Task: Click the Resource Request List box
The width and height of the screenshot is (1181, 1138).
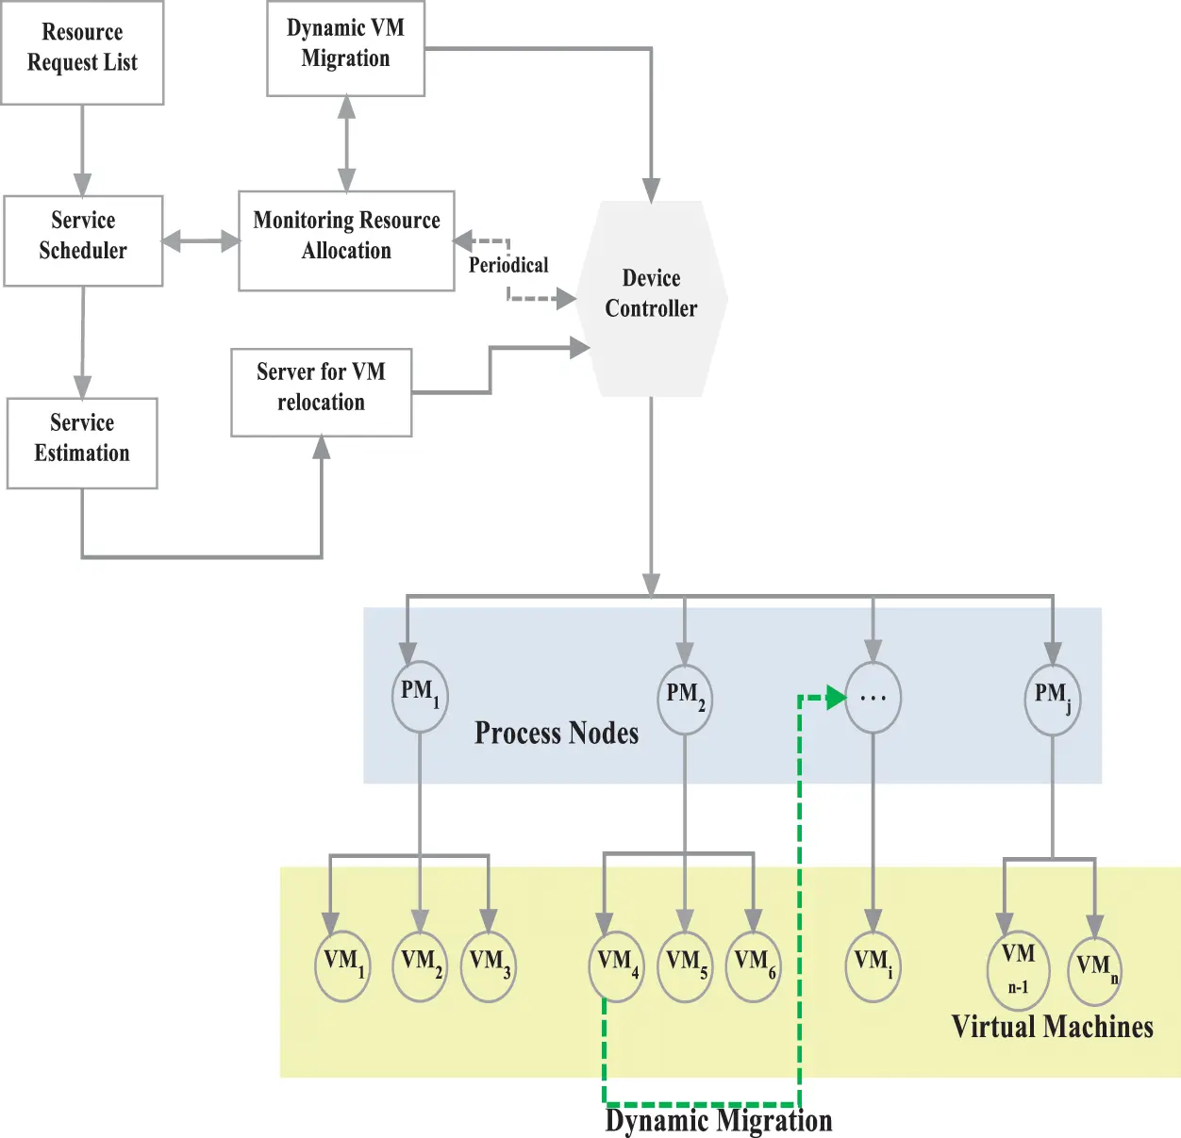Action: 82,52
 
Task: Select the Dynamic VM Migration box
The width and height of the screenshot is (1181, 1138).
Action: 345,47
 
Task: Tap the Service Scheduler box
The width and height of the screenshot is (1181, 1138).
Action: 83,240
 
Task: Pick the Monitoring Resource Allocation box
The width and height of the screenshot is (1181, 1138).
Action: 346,240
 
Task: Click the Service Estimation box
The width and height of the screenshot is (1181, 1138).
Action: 82,442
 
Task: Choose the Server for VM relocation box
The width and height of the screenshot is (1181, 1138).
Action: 321,392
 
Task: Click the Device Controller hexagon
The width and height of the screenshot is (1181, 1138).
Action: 651,298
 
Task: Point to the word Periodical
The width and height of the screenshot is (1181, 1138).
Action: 508,265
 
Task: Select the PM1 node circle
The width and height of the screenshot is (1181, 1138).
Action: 420,697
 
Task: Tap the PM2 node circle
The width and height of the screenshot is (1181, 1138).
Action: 685,700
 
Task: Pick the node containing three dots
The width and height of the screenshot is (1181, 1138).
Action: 873,698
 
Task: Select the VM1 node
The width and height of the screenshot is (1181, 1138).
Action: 342,966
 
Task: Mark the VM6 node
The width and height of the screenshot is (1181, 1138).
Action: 754,966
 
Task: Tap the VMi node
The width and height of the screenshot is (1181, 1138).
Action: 873,966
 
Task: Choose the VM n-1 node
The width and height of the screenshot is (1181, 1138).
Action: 1018,969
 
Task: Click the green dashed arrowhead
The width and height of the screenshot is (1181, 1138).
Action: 836,698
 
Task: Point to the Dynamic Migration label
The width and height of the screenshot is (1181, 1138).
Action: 718,1121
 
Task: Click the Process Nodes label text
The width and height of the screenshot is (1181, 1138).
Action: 557,734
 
